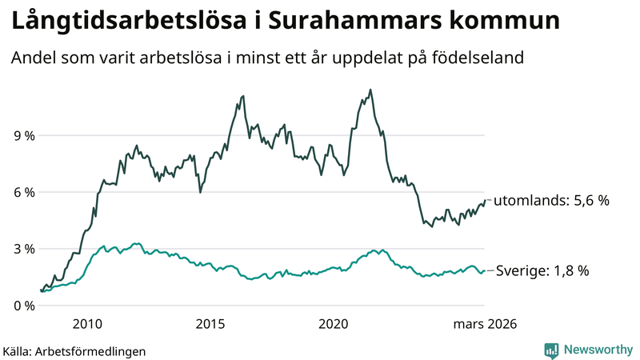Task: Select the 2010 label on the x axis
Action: tap(87, 324)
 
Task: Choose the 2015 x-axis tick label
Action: tap(210, 324)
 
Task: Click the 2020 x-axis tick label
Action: tap(334, 324)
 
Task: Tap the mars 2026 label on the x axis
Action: tap(485, 324)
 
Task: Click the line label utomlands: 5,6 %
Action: tap(551, 200)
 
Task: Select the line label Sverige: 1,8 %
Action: tap(542, 271)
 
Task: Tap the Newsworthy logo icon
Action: tap(551, 350)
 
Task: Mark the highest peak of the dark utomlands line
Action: tap(370, 90)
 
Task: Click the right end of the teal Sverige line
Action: tap(484, 271)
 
